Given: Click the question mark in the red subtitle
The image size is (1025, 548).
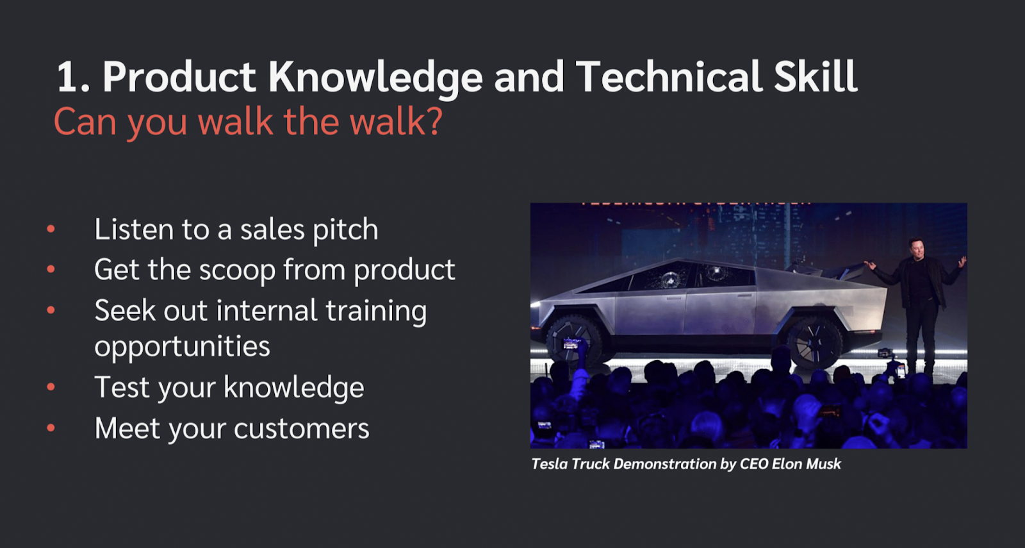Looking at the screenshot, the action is tap(432, 121).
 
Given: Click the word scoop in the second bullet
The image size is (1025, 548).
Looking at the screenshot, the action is tap(236, 270).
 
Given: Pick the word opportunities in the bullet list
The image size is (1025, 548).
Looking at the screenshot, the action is tap(182, 347).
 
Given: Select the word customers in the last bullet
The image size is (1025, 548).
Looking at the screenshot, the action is tap(301, 429).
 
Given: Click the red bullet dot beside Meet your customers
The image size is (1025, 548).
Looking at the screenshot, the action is tap(51, 428).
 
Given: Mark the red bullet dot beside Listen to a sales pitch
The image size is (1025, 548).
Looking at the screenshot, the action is tap(51, 228).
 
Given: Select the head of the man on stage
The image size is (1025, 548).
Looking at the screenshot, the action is tap(917, 247).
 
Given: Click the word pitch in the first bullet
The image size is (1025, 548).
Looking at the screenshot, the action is tap(345, 230).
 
